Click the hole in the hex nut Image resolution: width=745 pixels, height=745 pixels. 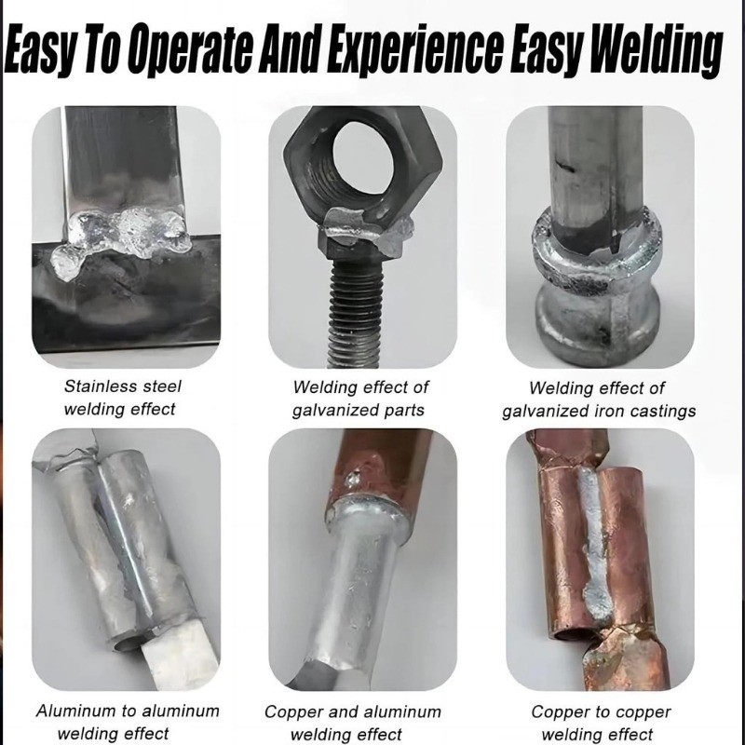363,153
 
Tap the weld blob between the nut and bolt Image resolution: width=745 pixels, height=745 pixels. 366,228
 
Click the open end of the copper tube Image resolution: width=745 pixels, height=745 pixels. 573,635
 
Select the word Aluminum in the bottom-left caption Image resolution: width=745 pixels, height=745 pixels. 76,711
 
